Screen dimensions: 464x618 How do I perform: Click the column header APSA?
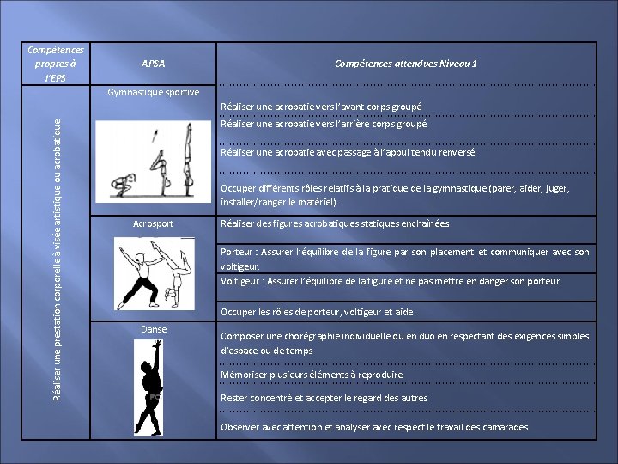click(x=154, y=64)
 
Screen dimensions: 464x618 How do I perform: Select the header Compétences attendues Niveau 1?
click(x=406, y=64)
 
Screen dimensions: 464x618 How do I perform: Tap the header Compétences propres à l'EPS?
click(x=55, y=64)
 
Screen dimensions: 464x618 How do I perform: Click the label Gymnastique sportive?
click(x=154, y=92)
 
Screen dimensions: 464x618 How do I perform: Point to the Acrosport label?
click(x=154, y=224)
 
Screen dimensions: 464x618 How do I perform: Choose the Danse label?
click(x=154, y=329)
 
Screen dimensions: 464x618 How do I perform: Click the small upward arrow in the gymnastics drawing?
click(x=154, y=136)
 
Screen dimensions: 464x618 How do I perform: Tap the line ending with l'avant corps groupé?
click(x=321, y=107)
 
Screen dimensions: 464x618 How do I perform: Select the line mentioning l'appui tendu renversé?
click(x=348, y=152)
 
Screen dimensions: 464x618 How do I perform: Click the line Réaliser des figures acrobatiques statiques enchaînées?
click(x=335, y=224)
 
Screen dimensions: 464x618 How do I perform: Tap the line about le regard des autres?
click(x=324, y=398)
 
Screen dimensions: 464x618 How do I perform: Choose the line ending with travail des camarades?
click(x=374, y=427)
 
